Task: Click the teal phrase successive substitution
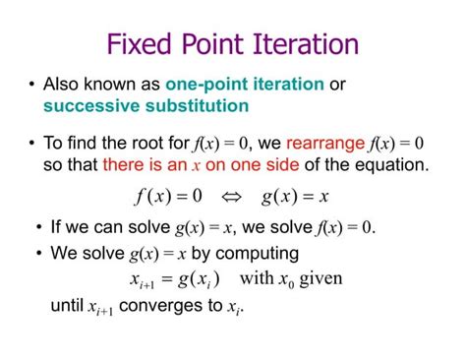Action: click(146, 105)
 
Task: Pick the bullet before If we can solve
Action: click(38, 228)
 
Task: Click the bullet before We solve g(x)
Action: click(38, 254)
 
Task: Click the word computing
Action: click(262, 254)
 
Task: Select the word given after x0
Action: click(320, 278)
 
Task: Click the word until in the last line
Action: click(66, 306)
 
